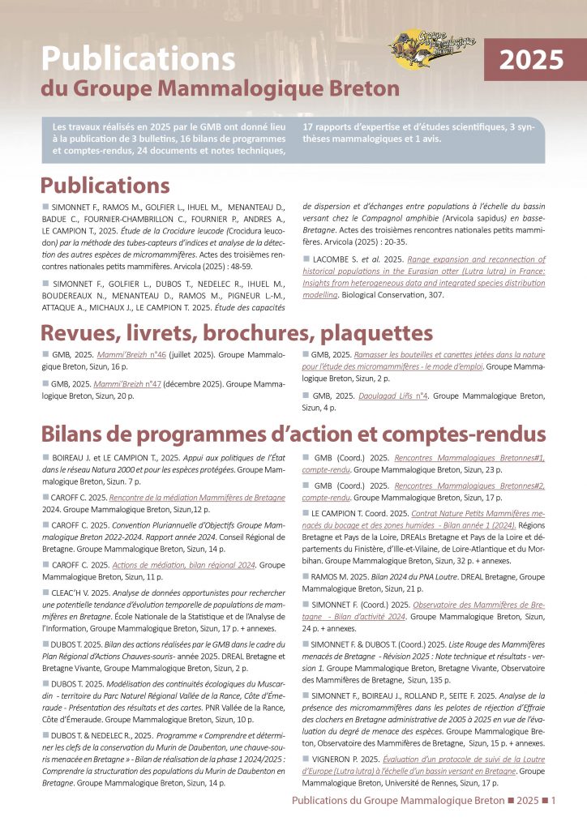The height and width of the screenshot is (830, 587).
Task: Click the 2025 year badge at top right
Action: point(531,61)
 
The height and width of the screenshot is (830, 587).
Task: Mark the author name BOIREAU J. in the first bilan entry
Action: point(72,458)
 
